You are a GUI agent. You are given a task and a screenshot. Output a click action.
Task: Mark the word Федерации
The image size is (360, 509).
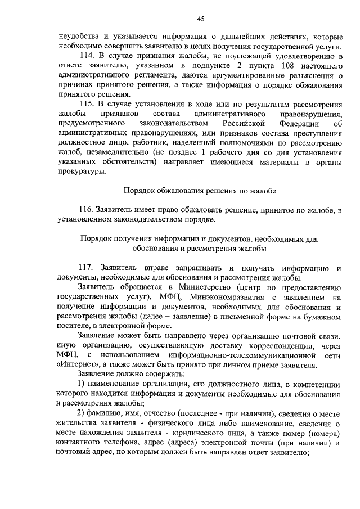[x=290, y=123]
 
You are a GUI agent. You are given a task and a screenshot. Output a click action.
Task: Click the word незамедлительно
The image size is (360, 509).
[x=109, y=152]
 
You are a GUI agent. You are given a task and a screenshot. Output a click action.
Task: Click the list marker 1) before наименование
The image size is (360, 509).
[x=82, y=384]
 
